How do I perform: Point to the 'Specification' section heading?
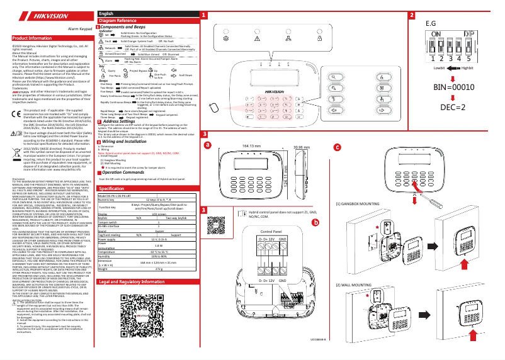tap(107, 188)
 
